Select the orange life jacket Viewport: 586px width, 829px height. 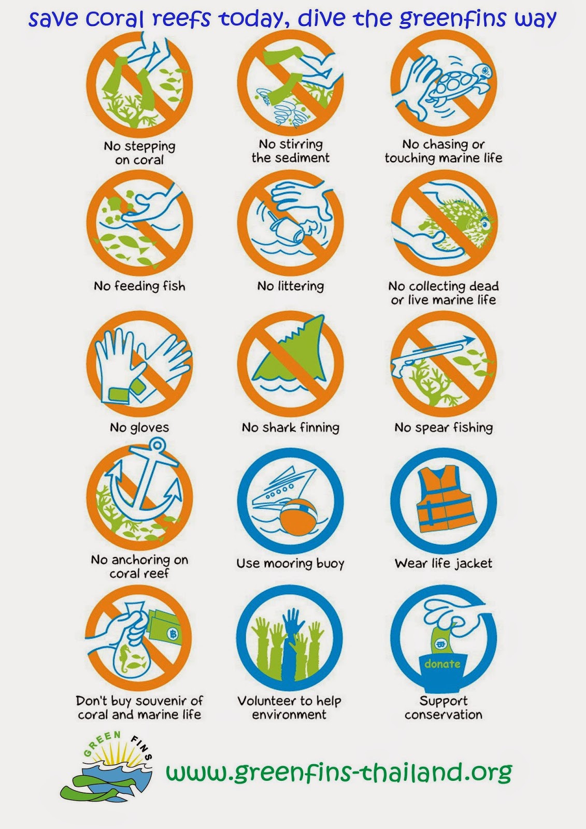click(446, 498)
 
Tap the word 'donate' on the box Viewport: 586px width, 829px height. click(442, 664)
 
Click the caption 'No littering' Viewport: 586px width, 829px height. click(291, 285)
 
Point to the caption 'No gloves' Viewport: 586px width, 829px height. click(139, 427)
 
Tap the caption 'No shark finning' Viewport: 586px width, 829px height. click(291, 427)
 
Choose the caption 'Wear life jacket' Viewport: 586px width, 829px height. click(444, 564)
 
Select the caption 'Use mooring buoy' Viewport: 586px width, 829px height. click(291, 564)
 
